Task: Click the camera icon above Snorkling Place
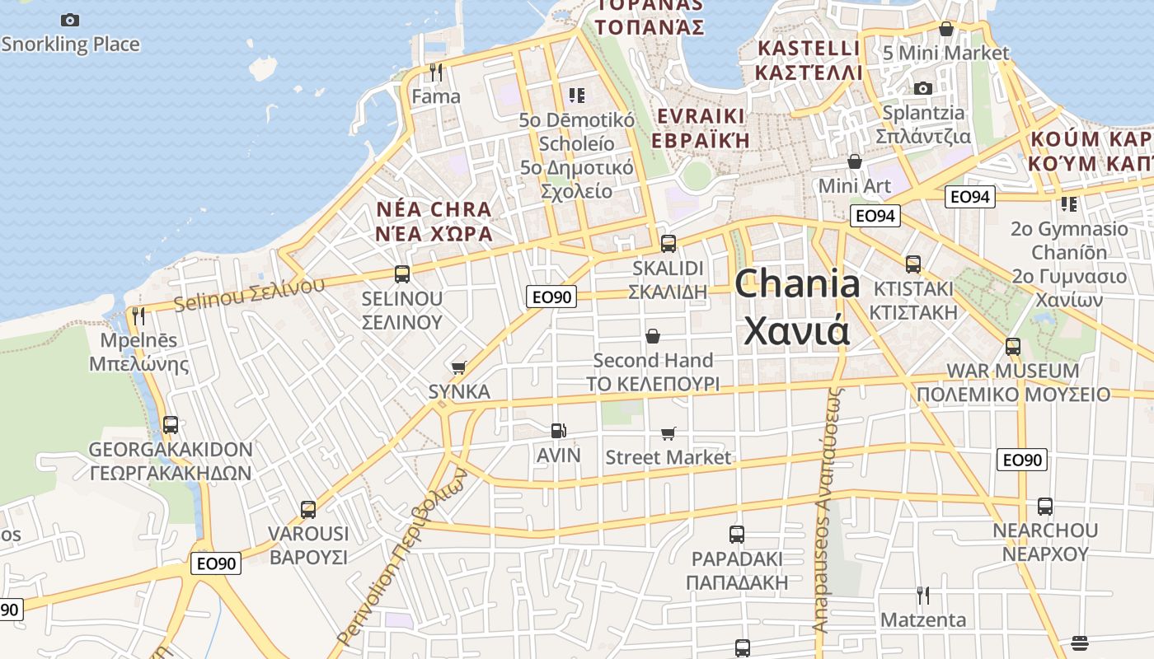click(x=70, y=20)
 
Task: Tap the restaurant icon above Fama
click(x=436, y=72)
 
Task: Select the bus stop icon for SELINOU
click(x=402, y=274)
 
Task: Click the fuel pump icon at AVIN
click(x=559, y=431)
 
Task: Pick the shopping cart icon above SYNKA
click(x=459, y=367)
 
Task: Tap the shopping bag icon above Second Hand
click(x=653, y=336)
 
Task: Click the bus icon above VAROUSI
click(x=308, y=510)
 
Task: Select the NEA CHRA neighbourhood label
click(x=434, y=222)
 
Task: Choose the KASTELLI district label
click(x=809, y=60)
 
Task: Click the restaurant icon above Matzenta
click(x=923, y=595)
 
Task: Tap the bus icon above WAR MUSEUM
click(x=1013, y=347)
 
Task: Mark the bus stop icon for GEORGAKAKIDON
click(x=171, y=425)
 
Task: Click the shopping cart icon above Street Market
click(x=668, y=433)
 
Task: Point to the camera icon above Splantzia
click(x=923, y=88)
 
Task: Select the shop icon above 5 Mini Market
click(x=946, y=29)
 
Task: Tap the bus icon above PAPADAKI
click(x=737, y=535)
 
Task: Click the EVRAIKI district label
click(x=701, y=128)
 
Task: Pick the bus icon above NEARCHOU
click(x=1045, y=507)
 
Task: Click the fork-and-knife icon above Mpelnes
click(x=138, y=316)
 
